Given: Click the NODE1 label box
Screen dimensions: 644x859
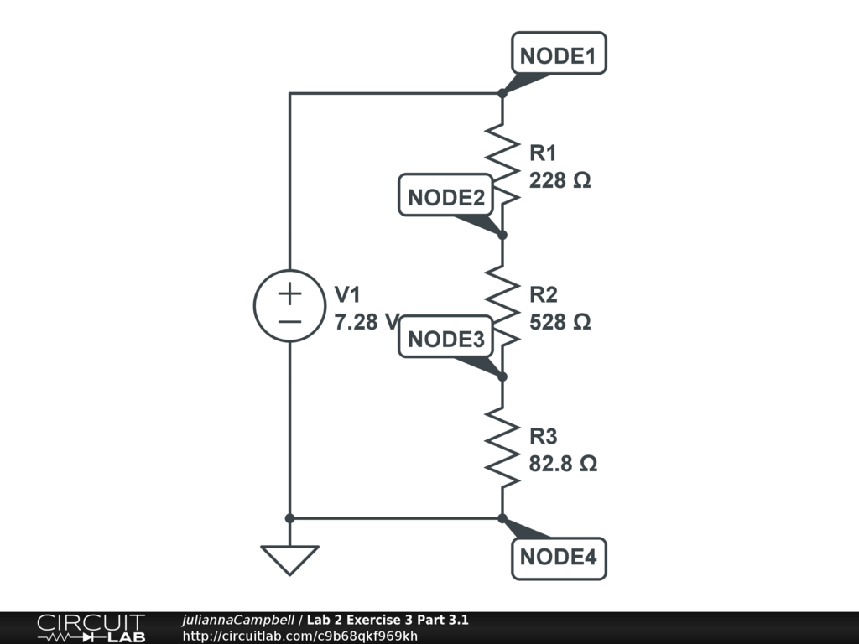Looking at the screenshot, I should (x=558, y=56).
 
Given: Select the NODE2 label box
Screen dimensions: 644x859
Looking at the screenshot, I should (x=445, y=198).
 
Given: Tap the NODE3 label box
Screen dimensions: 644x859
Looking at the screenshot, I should (x=445, y=340).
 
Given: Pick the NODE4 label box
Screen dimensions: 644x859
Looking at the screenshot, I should (x=558, y=557).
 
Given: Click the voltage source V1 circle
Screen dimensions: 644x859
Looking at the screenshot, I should (x=289, y=306).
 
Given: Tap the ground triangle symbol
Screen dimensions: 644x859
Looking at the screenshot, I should (x=289, y=558).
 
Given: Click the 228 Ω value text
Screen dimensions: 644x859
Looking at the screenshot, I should (x=560, y=180).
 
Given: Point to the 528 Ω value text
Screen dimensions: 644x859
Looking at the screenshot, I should (x=560, y=322).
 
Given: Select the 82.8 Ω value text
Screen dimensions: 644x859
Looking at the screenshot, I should (x=563, y=464).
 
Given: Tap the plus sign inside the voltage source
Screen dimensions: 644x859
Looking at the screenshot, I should (x=289, y=293).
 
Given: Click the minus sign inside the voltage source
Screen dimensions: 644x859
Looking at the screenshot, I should (x=289, y=321).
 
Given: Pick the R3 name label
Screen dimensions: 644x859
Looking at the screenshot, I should (x=543, y=437).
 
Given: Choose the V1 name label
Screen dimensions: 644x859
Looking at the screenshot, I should (x=347, y=294).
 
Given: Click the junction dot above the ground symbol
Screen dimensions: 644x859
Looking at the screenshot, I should (x=289, y=518).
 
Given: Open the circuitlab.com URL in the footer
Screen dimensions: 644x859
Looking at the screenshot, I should (x=299, y=636).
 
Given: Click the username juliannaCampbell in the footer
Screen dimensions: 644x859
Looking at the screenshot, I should (x=237, y=621).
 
